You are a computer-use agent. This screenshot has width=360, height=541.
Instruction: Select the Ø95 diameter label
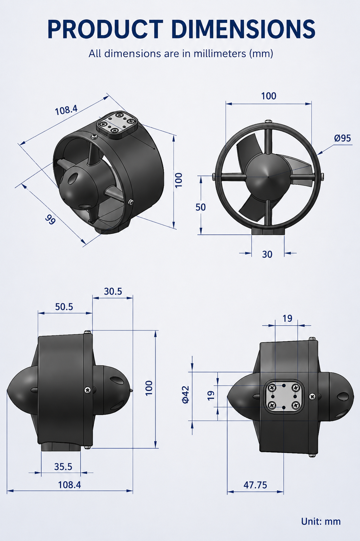click(343, 138)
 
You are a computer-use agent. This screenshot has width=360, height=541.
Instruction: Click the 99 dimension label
click(50, 220)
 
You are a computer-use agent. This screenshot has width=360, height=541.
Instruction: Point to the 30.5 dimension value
click(113, 291)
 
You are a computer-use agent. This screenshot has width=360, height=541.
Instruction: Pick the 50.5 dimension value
click(64, 307)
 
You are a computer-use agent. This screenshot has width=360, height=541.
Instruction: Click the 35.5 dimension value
click(63, 467)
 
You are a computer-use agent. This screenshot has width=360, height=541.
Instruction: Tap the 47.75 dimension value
click(255, 485)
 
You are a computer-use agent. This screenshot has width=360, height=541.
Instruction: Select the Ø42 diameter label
click(186, 395)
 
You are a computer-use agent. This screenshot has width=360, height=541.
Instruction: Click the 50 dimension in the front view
click(201, 207)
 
